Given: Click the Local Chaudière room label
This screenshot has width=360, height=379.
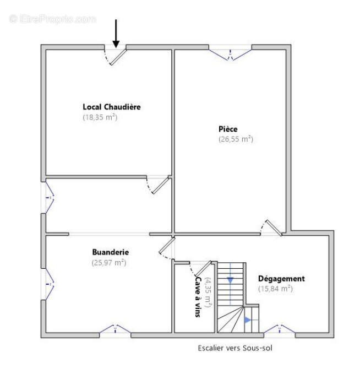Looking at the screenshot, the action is (112, 107).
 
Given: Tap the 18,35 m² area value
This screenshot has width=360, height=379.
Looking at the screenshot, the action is (100, 117).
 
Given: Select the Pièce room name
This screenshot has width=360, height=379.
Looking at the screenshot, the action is (228, 129).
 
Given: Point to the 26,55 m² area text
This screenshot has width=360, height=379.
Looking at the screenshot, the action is (236, 139).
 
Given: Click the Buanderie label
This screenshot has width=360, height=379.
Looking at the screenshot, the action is (111, 252).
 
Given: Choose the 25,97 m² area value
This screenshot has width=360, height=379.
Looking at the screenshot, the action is (109, 263).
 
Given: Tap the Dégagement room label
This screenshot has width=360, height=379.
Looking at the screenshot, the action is (281, 278).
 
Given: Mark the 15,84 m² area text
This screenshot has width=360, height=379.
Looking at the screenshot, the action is (275, 289).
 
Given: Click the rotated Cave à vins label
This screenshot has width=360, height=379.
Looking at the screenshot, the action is (198, 297).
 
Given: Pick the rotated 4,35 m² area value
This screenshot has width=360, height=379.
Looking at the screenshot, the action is (208, 293).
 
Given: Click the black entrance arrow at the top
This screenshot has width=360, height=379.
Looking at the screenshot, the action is (116, 34).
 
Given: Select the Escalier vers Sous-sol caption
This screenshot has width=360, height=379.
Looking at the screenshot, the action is (235, 348).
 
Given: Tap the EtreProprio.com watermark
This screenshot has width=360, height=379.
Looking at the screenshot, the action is (53, 19).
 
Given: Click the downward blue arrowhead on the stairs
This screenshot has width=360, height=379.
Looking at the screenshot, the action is (230, 280).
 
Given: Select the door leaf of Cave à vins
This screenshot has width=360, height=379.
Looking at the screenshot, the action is (203, 268).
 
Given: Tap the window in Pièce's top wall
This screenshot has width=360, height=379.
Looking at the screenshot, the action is (230, 53).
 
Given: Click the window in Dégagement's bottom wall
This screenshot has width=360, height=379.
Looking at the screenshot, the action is (279, 330).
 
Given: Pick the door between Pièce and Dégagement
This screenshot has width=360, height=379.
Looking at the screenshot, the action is (274, 228).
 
